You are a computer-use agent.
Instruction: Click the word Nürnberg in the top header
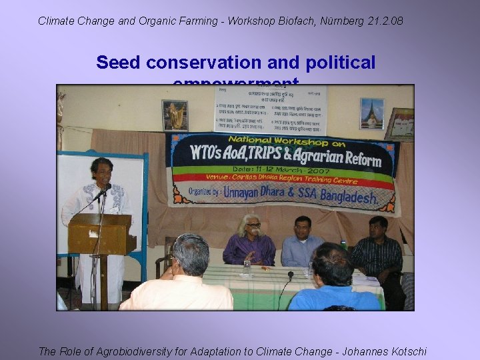(342, 21)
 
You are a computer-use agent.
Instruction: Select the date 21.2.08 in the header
(385, 21)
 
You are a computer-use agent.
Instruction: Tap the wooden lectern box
(101, 234)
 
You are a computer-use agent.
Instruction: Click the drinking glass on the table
(247, 267)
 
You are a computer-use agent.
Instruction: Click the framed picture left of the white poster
(175, 115)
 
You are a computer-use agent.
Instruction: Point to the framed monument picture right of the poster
(371, 113)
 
